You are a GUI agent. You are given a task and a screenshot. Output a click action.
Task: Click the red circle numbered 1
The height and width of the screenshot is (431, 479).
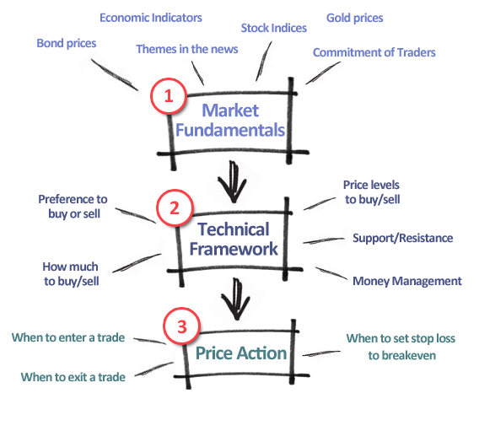pyautogui.click(x=169, y=96)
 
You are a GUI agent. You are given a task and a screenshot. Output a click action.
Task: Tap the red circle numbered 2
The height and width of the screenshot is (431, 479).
pyautogui.click(x=175, y=207)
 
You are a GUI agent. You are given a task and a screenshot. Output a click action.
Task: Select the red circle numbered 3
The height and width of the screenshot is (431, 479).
pyautogui.click(x=182, y=326)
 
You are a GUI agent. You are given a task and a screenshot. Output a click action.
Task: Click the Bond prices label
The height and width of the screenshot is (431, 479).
pyautogui.click(x=67, y=43)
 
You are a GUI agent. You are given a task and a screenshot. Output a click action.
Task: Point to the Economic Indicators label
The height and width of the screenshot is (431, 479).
pyautogui.click(x=151, y=18)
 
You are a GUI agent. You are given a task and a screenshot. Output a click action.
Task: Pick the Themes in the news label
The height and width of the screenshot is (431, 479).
pyautogui.click(x=187, y=49)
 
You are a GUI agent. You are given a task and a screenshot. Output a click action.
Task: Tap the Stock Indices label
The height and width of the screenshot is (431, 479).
pyautogui.click(x=274, y=28)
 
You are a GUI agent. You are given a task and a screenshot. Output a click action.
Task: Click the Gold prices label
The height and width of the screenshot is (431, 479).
pyautogui.click(x=355, y=18)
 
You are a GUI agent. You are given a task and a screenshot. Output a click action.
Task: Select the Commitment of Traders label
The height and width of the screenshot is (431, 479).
pyautogui.click(x=374, y=52)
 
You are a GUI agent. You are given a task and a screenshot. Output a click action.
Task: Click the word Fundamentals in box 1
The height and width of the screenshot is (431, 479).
pyautogui.click(x=230, y=130)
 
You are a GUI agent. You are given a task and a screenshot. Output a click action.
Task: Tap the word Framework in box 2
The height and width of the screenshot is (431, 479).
pyautogui.click(x=234, y=249)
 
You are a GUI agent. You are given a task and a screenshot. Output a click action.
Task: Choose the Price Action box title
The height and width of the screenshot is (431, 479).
pyautogui.click(x=241, y=353)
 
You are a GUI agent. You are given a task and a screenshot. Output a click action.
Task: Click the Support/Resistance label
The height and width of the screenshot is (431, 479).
pyautogui.click(x=402, y=238)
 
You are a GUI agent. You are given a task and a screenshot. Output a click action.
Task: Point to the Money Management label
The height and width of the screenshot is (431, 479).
pyautogui.click(x=407, y=281)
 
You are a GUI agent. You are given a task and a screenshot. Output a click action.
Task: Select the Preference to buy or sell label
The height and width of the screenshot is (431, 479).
pyautogui.click(x=73, y=207)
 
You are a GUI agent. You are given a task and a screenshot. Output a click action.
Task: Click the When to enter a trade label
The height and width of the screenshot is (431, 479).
pyautogui.click(x=68, y=337)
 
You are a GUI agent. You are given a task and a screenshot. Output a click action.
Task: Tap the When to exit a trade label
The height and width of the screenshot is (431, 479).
pyautogui.click(x=73, y=377)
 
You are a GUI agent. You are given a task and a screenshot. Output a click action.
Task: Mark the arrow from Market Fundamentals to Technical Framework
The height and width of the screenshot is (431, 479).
pyautogui.click(x=233, y=182)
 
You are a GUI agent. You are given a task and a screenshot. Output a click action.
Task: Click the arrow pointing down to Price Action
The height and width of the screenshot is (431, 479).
pyautogui.click(x=236, y=299)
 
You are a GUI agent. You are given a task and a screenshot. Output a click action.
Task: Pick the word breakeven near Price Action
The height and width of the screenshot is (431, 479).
pyautogui.click(x=402, y=356)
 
